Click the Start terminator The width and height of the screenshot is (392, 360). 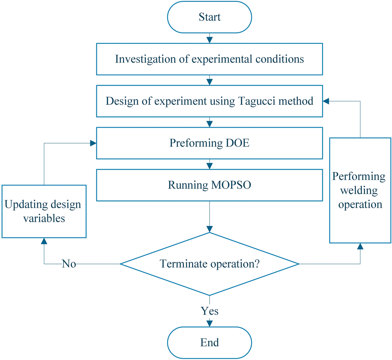pos(209,17)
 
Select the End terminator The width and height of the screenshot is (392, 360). pos(209,342)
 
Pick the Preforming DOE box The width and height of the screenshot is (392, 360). pos(209,143)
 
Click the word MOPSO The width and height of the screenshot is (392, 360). pos(230,185)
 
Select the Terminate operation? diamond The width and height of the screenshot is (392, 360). pos(209,264)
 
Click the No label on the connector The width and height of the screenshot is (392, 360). pos(69,264)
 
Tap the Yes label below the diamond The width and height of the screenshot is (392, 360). pos(210,311)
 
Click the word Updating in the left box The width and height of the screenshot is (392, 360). pos(22,204)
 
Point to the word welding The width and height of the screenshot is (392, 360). pos(359,190)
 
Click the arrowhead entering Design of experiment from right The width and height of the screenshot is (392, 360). pos(326,101)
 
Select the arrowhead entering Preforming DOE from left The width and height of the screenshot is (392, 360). pos(93,143)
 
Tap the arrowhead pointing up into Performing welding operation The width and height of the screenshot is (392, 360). pos(360,246)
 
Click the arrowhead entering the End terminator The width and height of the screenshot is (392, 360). pos(209,323)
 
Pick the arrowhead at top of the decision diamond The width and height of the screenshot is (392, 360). pos(209,229)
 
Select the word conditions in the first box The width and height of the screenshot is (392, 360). pos(279,59)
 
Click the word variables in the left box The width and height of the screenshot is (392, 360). pos(44,219)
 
